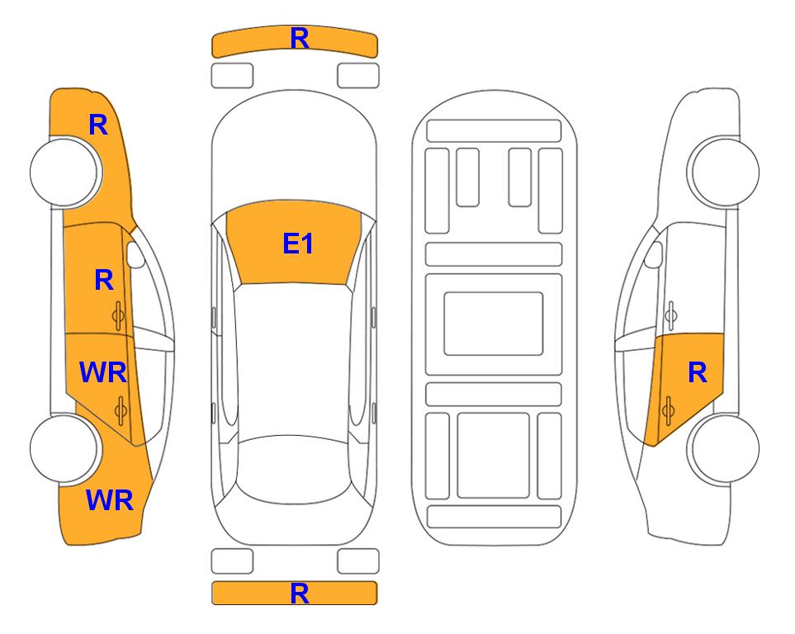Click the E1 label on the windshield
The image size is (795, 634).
point(298,244)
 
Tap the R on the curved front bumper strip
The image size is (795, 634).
point(300,38)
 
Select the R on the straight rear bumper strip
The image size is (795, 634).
point(300,594)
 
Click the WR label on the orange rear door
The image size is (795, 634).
point(103,372)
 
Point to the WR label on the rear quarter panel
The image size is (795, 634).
point(110,500)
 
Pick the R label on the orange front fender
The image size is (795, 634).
point(98,125)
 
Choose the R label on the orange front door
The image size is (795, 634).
point(104,280)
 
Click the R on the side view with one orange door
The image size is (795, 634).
point(698,373)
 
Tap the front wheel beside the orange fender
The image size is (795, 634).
point(64,172)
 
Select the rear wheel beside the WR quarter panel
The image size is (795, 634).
point(64,448)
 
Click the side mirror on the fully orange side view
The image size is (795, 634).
point(135,254)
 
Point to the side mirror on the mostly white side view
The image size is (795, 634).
point(654,254)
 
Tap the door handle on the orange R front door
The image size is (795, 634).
point(119,316)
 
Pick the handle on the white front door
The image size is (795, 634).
point(670,315)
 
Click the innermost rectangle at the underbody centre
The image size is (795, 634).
point(494,324)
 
